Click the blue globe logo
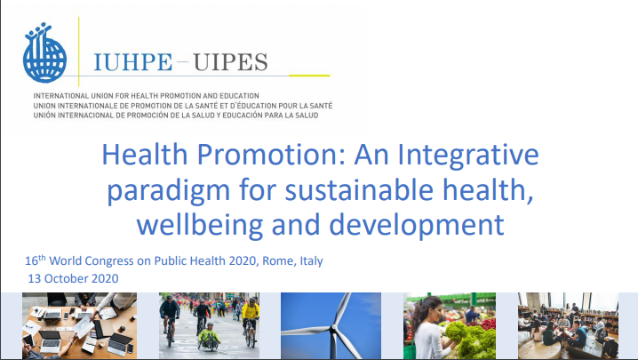click(44, 52)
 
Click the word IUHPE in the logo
click(133, 62)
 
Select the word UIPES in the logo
click(230, 62)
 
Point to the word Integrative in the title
click(468, 156)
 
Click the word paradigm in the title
click(169, 191)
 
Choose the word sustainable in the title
click(359, 189)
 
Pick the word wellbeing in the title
click(200, 226)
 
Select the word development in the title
click(417, 226)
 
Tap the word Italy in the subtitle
click(312, 261)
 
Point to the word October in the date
click(66, 278)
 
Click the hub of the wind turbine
click(333, 327)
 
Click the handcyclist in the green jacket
click(209, 336)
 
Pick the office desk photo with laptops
click(79, 326)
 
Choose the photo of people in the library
click(568, 326)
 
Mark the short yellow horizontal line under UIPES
click(309, 76)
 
